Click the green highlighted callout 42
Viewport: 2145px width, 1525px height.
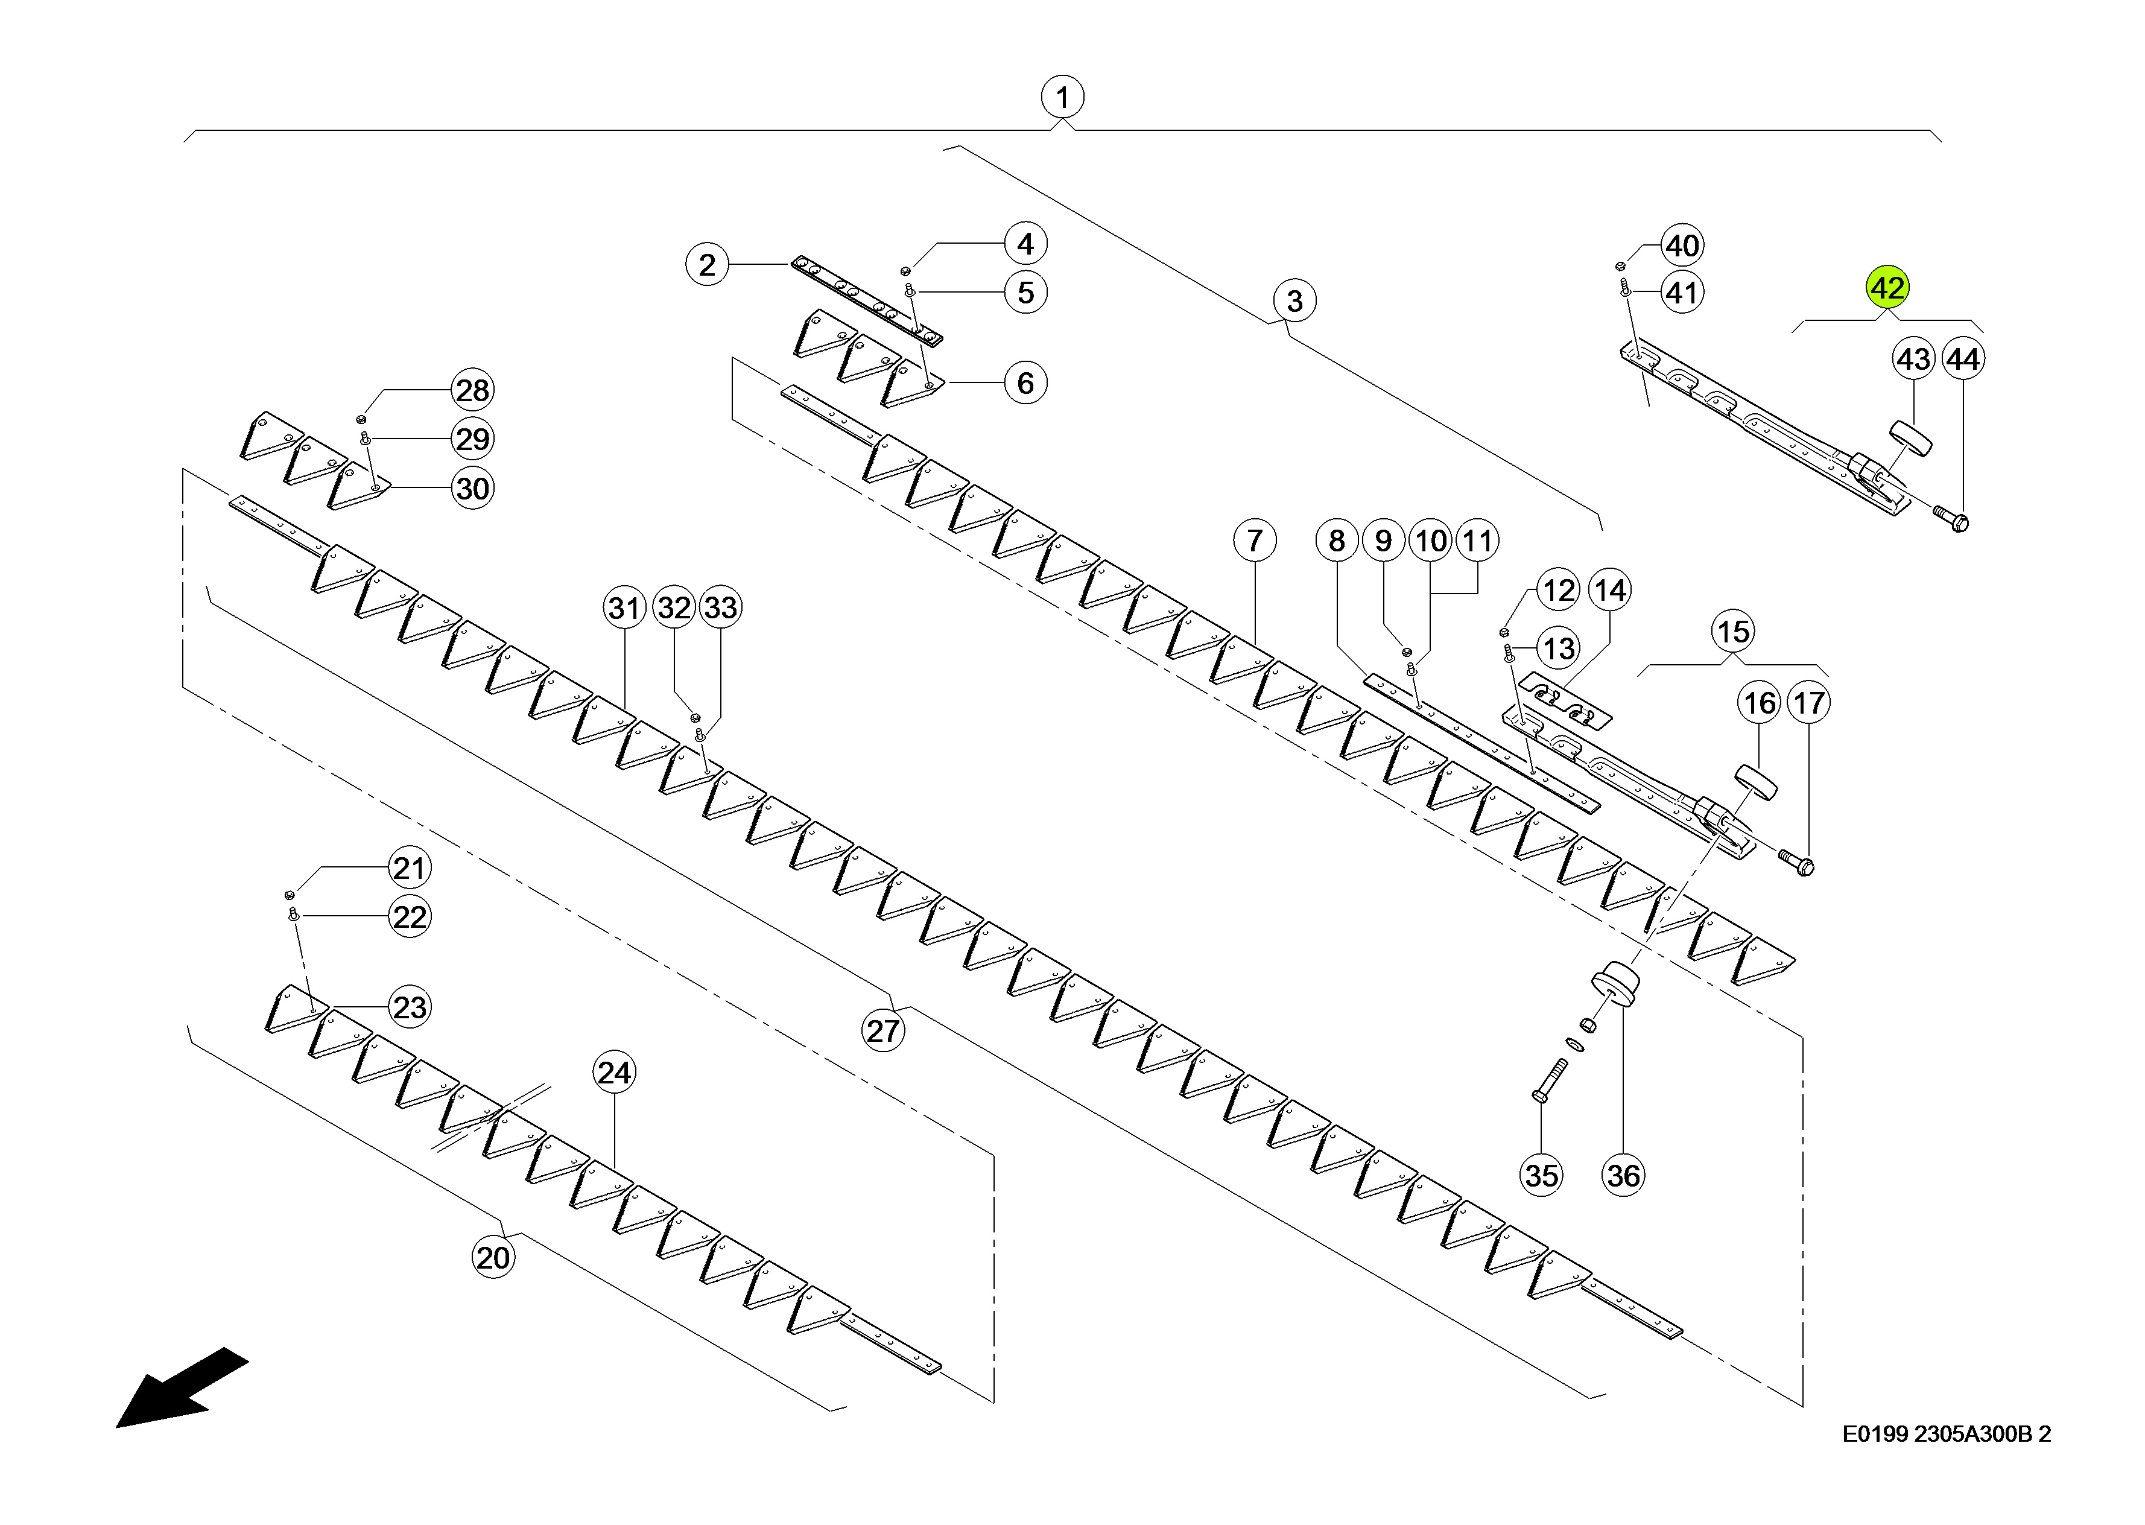(1887, 287)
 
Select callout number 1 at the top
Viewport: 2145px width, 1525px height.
(1062, 97)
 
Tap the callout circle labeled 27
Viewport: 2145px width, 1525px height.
(882, 1030)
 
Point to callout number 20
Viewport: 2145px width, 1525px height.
(493, 1257)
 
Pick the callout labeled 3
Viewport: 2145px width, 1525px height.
(1294, 300)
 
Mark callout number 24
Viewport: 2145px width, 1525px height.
(614, 1073)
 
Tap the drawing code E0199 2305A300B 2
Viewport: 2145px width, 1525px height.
(1946, 1434)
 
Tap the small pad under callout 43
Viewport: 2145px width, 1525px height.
(1911, 439)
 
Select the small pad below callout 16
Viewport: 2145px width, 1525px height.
(1755, 783)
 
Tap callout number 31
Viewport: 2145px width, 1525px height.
(624, 607)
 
